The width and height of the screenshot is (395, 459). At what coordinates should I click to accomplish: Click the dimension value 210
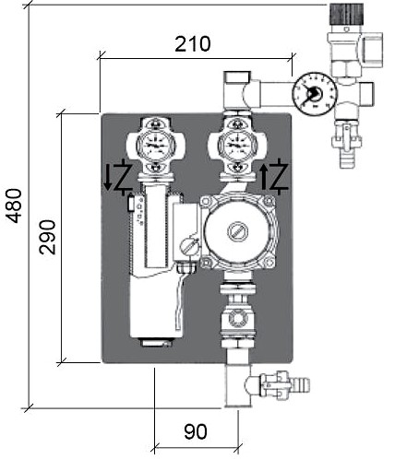tap(193, 44)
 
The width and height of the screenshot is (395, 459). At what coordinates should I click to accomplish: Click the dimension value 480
tap(15, 206)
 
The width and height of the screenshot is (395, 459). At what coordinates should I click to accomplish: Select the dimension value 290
tap(47, 237)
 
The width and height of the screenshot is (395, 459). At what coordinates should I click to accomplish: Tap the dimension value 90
tap(196, 431)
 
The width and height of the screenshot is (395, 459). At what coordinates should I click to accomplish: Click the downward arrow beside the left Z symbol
tap(107, 178)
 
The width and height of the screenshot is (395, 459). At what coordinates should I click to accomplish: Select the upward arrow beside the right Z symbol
tap(265, 176)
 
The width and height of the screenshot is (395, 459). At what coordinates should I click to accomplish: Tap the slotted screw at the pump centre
tap(237, 231)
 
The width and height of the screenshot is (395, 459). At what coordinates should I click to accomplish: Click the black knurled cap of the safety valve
tap(346, 15)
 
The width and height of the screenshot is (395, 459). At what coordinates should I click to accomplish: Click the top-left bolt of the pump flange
tap(206, 202)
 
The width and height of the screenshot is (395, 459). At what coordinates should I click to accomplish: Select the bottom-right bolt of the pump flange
tap(269, 262)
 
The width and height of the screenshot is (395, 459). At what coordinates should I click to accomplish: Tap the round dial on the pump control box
tap(187, 246)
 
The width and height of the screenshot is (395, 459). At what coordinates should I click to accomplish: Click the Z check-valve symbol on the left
tap(124, 178)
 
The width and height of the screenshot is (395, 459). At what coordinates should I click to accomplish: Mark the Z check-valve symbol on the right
tap(279, 176)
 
